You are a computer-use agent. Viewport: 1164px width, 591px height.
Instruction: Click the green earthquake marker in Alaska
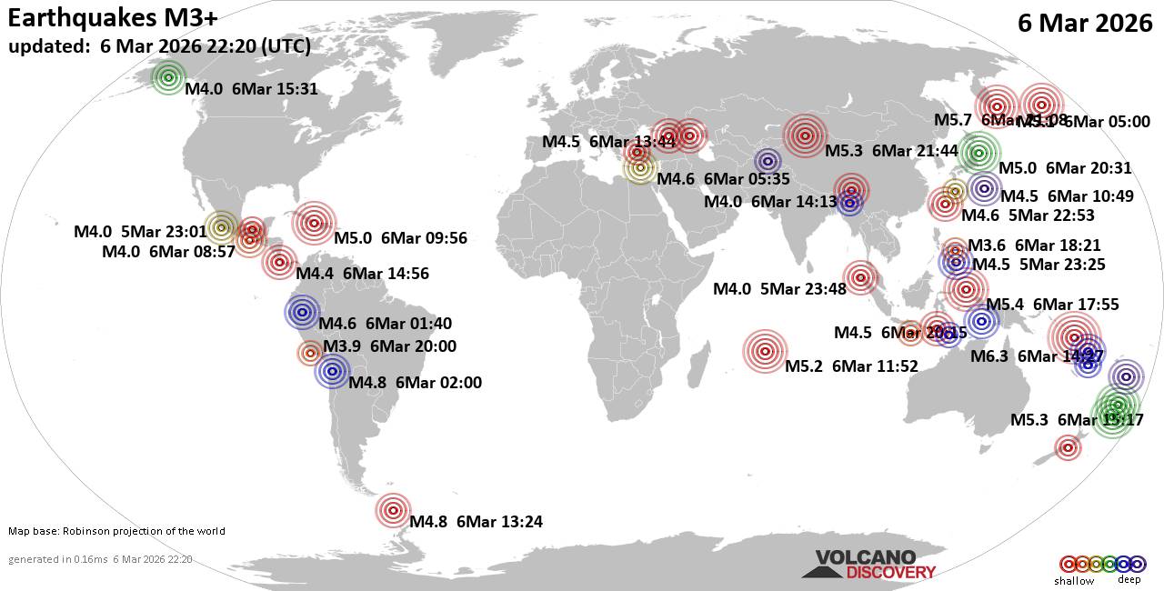pos(168,78)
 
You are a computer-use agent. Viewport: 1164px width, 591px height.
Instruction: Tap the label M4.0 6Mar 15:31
pos(250,88)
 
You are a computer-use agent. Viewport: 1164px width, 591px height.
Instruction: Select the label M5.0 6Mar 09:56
pos(400,238)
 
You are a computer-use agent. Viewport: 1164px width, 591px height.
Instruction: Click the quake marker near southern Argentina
pos(393,511)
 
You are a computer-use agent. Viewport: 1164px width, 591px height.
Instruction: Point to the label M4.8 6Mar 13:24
pos(476,522)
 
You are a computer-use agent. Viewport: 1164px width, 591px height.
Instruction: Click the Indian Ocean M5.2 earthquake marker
pos(765,351)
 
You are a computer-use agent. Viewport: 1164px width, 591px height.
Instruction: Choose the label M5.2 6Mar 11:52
pos(851,366)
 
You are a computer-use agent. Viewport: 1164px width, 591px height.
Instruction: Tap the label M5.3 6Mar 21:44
pos(891,150)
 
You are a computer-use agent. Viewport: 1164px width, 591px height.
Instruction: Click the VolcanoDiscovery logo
pos(868,565)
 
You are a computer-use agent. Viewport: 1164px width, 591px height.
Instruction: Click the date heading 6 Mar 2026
pos(1085,24)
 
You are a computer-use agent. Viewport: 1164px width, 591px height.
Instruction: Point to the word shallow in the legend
pos(1074,581)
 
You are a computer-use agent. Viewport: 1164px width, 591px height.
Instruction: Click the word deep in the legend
pos(1129,580)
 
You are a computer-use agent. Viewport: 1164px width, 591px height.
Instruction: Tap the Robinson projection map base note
pos(116,531)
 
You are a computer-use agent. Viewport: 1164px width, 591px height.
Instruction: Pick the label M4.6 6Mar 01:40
pos(385,323)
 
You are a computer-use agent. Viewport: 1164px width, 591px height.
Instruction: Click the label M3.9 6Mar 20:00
pos(389,346)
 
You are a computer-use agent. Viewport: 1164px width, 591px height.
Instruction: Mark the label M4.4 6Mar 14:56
pos(363,273)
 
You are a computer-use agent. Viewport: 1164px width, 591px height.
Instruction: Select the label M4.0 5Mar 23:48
pos(779,289)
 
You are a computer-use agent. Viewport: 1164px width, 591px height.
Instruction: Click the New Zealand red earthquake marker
pos(1068,446)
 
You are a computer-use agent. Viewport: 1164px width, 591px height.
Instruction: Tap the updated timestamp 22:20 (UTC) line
pos(159,45)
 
